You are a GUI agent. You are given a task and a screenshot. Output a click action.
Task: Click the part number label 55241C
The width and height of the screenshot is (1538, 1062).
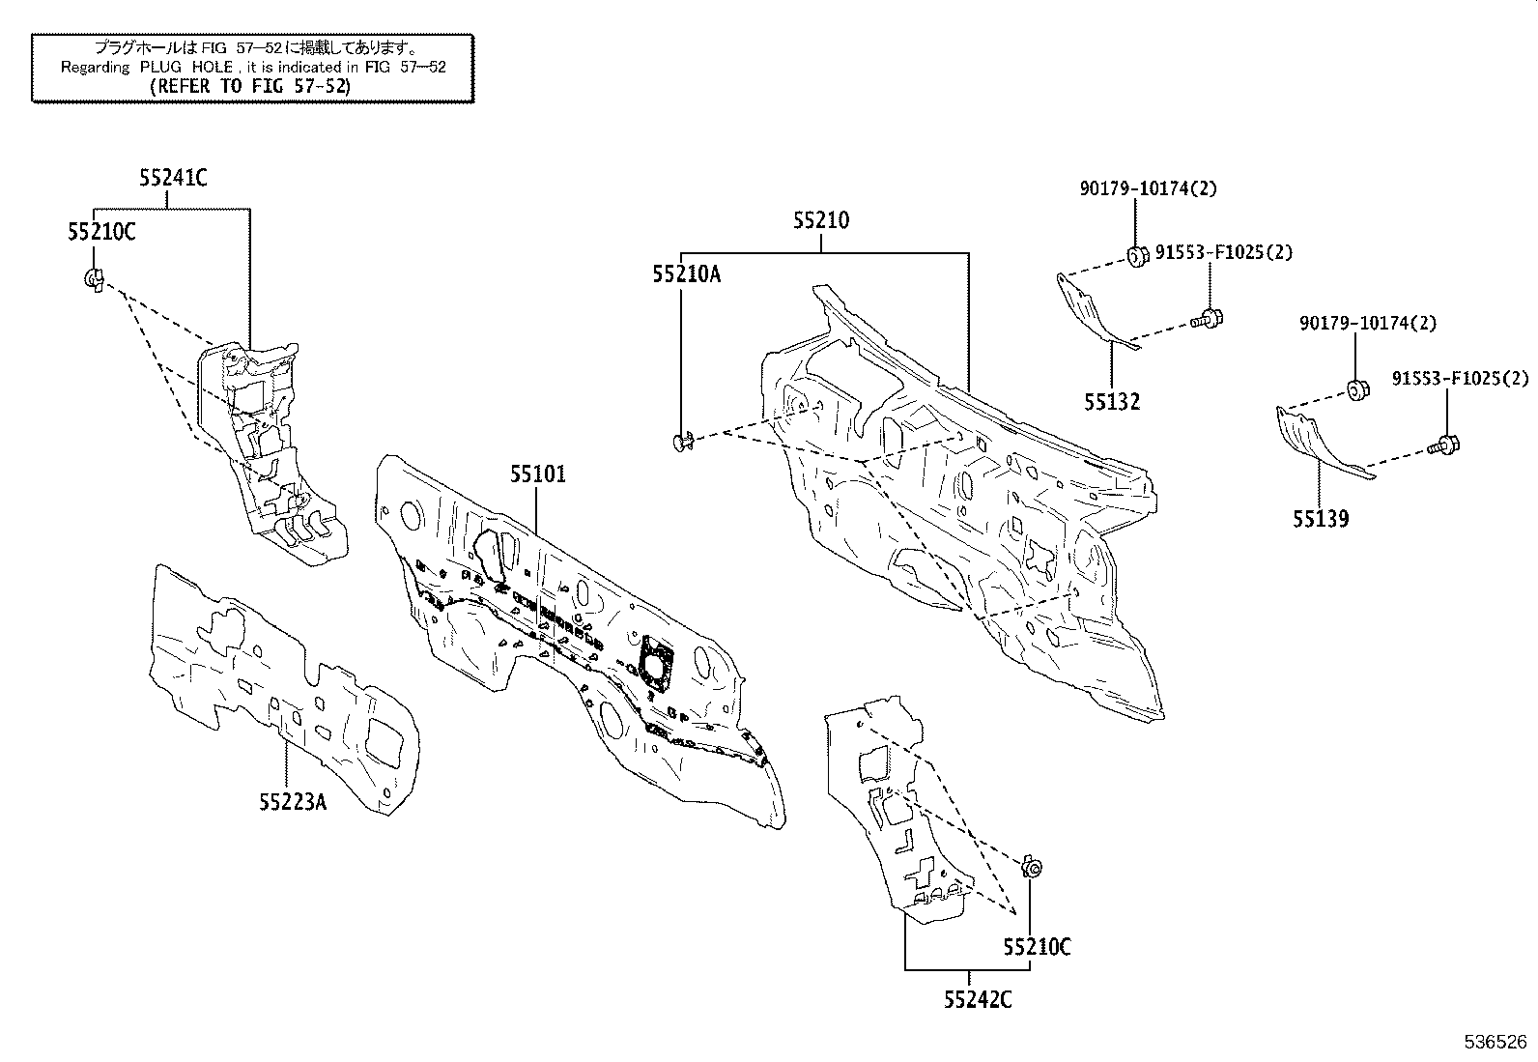point(172,178)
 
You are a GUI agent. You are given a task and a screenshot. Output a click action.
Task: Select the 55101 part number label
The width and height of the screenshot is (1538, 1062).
point(538,474)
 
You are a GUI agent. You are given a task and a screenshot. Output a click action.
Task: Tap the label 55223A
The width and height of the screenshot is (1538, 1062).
point(292,801)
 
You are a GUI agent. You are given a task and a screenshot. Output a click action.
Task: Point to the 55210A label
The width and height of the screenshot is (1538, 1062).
point(685,274)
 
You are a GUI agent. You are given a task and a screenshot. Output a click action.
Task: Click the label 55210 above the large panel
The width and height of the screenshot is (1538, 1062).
point(821,220)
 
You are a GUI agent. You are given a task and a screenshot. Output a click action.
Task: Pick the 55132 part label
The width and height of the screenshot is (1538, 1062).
point(1111,402)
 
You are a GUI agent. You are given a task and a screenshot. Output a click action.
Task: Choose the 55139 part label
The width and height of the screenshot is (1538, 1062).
point(1321,520)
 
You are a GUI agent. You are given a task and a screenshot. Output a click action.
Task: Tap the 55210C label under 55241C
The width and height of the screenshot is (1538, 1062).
point(101,232)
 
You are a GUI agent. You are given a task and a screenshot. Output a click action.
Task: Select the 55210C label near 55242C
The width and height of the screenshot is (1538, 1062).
point(1037,947)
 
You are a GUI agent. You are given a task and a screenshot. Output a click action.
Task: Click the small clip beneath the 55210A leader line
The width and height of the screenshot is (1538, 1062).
point(682,442)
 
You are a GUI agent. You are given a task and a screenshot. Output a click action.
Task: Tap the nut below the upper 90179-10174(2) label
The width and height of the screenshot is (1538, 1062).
point(1136,255)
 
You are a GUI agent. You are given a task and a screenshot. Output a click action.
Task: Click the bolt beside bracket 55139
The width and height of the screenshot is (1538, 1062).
point(1444,445)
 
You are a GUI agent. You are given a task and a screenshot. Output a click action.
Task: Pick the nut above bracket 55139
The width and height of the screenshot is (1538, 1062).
point(1354,389)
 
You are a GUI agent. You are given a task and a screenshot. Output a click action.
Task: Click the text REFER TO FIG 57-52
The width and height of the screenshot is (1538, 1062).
point(251,85)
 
